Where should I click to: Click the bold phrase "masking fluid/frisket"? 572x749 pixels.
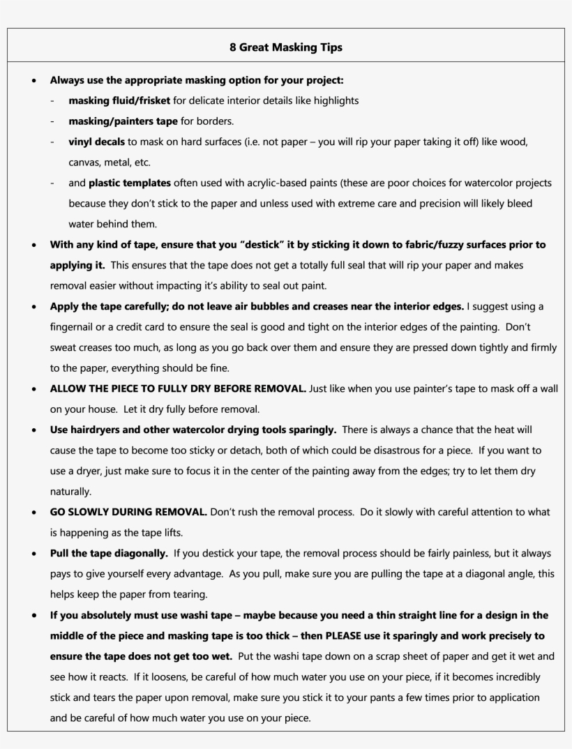(119, 100)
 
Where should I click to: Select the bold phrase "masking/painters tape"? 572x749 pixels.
(123, 121)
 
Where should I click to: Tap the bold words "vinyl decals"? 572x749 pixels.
(96, 142)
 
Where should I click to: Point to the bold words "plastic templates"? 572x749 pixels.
(130, 183)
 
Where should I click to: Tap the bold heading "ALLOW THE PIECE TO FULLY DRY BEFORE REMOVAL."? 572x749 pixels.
(178, 388)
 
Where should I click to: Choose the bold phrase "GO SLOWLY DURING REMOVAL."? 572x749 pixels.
(128, 512)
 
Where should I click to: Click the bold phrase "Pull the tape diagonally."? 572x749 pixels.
(109, 553)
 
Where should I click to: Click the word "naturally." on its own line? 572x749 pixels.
(70, 492)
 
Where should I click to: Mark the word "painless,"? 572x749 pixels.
(454, 553)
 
